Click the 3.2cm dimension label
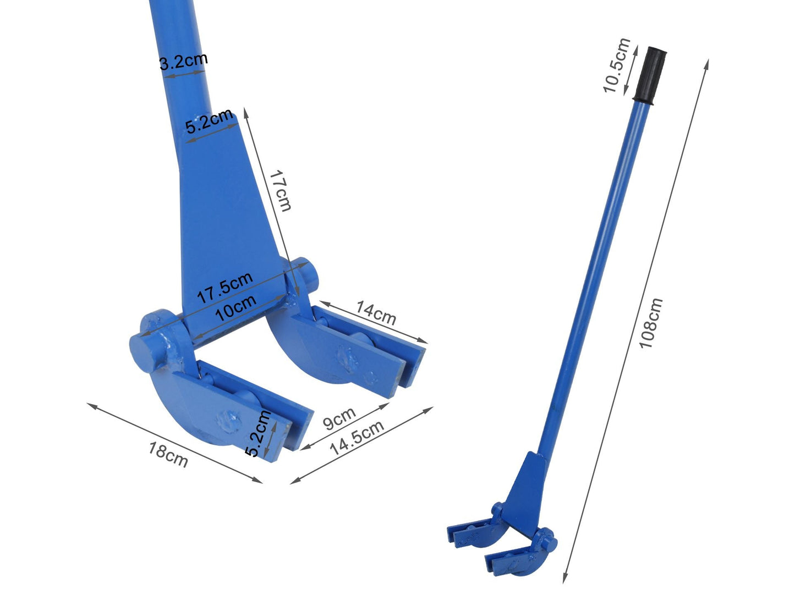tap(183, 61)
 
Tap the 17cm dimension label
tap(280, 190)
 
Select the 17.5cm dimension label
tap(224, 287)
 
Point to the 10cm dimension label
tap(235, 308)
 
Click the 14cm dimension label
tap(376, 312)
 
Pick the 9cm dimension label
tap(339, 418)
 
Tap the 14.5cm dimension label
tap(357, 437)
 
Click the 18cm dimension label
tap(168, 454)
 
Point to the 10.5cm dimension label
tap(617, 65)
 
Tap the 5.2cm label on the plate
tap(209, 122)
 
